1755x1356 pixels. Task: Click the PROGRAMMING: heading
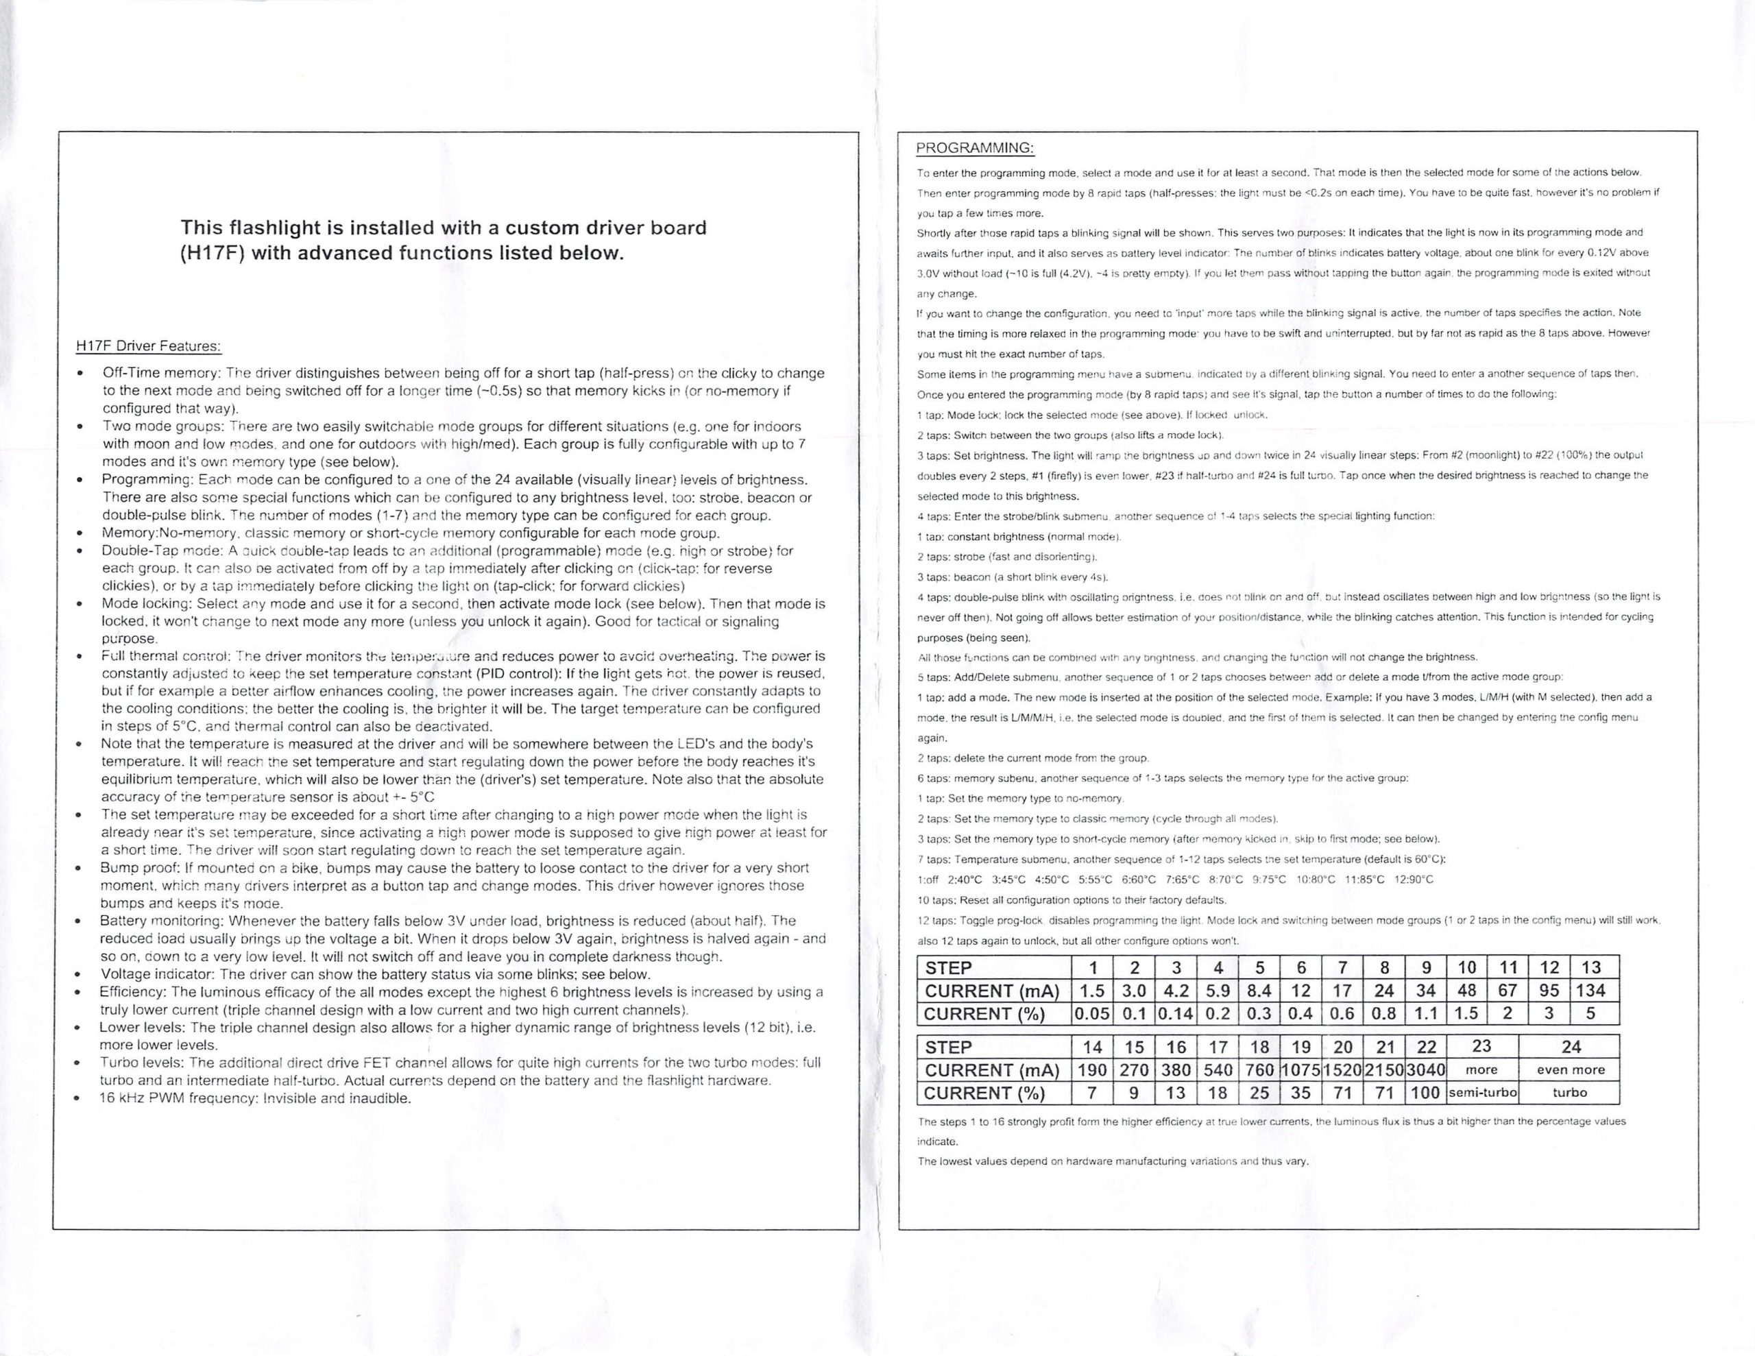point(975,148)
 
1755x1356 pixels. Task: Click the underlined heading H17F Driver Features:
point(148,346)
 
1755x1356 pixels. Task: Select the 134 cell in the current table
point(1590,991)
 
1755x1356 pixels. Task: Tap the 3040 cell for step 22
point(1425,1070)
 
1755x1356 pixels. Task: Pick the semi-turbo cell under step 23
point(1481,1092)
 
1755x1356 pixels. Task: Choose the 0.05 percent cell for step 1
point(1092,1014)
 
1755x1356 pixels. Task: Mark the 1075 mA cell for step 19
point(1300,1070)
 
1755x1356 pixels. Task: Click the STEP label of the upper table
point(948,968)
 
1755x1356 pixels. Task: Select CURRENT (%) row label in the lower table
point(984,1093)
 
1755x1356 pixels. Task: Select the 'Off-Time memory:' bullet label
point(162,373)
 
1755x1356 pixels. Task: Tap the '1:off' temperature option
point(928,880)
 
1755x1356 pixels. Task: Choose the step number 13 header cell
point(1590,968)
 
